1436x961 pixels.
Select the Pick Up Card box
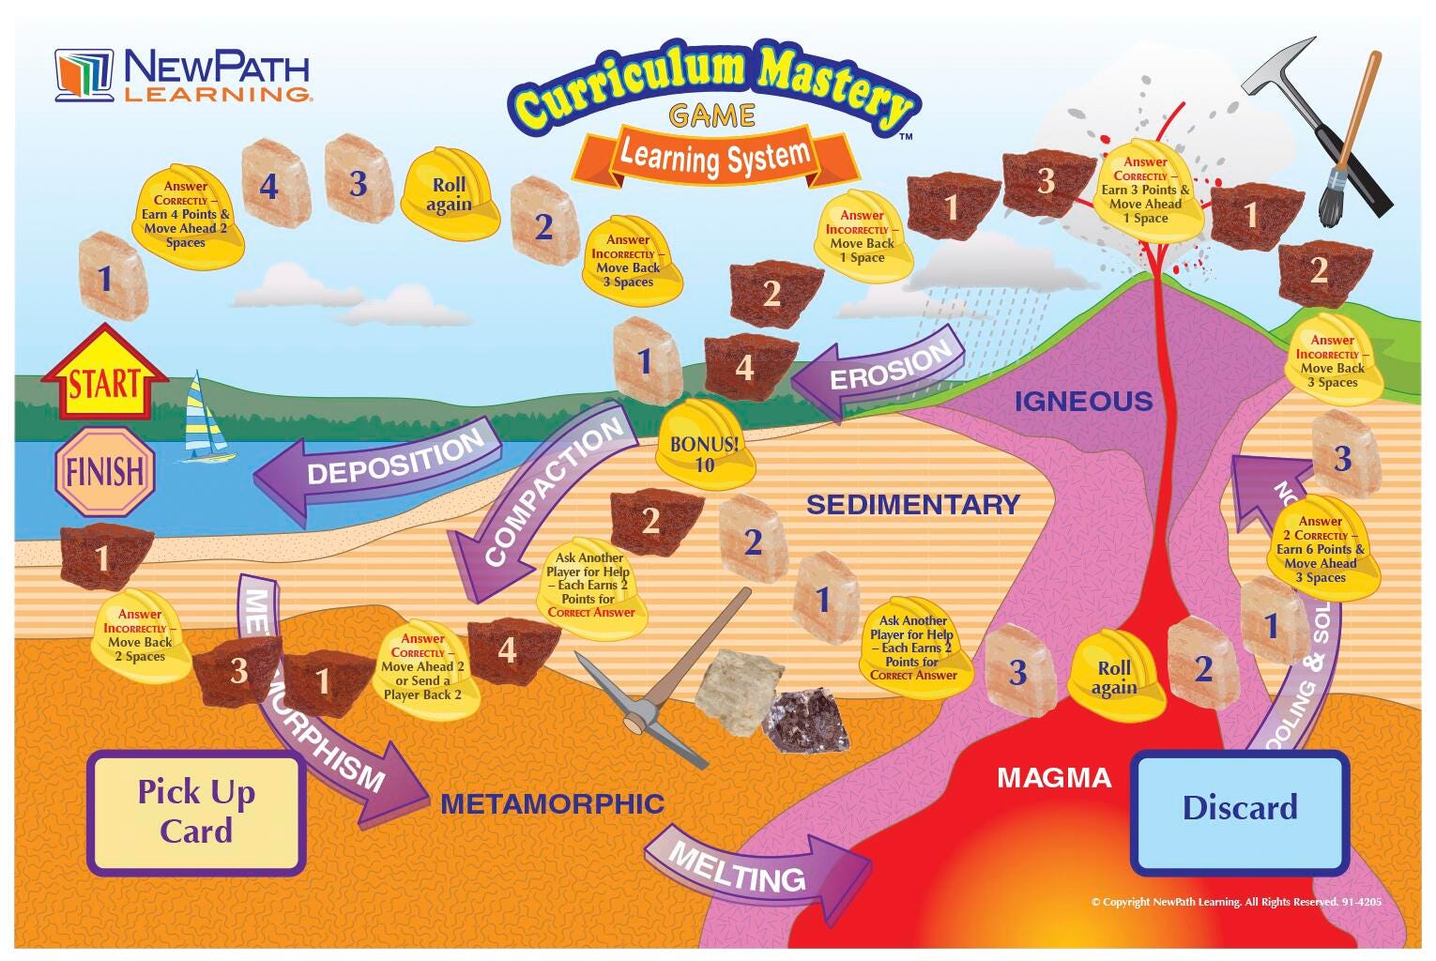[x=196, y=812]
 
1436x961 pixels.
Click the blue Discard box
[x=1239, y=808]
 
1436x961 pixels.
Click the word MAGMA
[x=1053, y=777]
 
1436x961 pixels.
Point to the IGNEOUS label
[x=1083, y=402]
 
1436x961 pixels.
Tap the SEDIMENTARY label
[x=912, y=504]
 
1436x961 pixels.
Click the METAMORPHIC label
[x=552, y=803]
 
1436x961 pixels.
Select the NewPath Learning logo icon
[x=84, y=75]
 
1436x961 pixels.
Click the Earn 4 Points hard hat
[x=186, y=216]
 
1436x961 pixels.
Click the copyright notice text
[x=1235, y=902]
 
